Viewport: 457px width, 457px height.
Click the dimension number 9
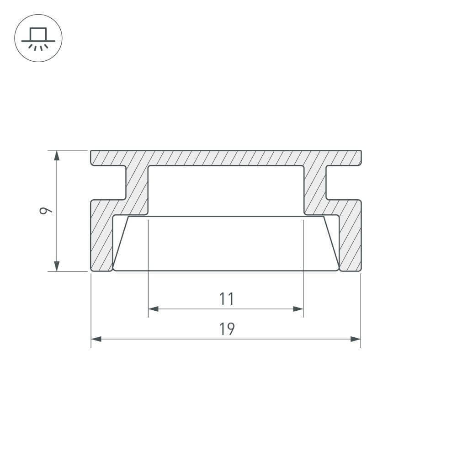[46, 210]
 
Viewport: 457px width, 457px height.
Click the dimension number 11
[227, 299]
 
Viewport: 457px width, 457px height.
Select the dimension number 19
[227, 329]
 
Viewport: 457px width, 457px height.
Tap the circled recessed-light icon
[38, 38]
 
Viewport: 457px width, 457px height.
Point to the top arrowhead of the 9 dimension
[57, 155]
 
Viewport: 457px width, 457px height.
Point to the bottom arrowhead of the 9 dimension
[57, 266]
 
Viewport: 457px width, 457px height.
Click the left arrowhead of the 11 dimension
[153, 309]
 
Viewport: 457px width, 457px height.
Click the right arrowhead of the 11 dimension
[298, 309]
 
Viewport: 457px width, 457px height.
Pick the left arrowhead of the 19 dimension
[96, 339]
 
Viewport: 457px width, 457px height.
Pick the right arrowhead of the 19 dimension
[356, 339]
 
